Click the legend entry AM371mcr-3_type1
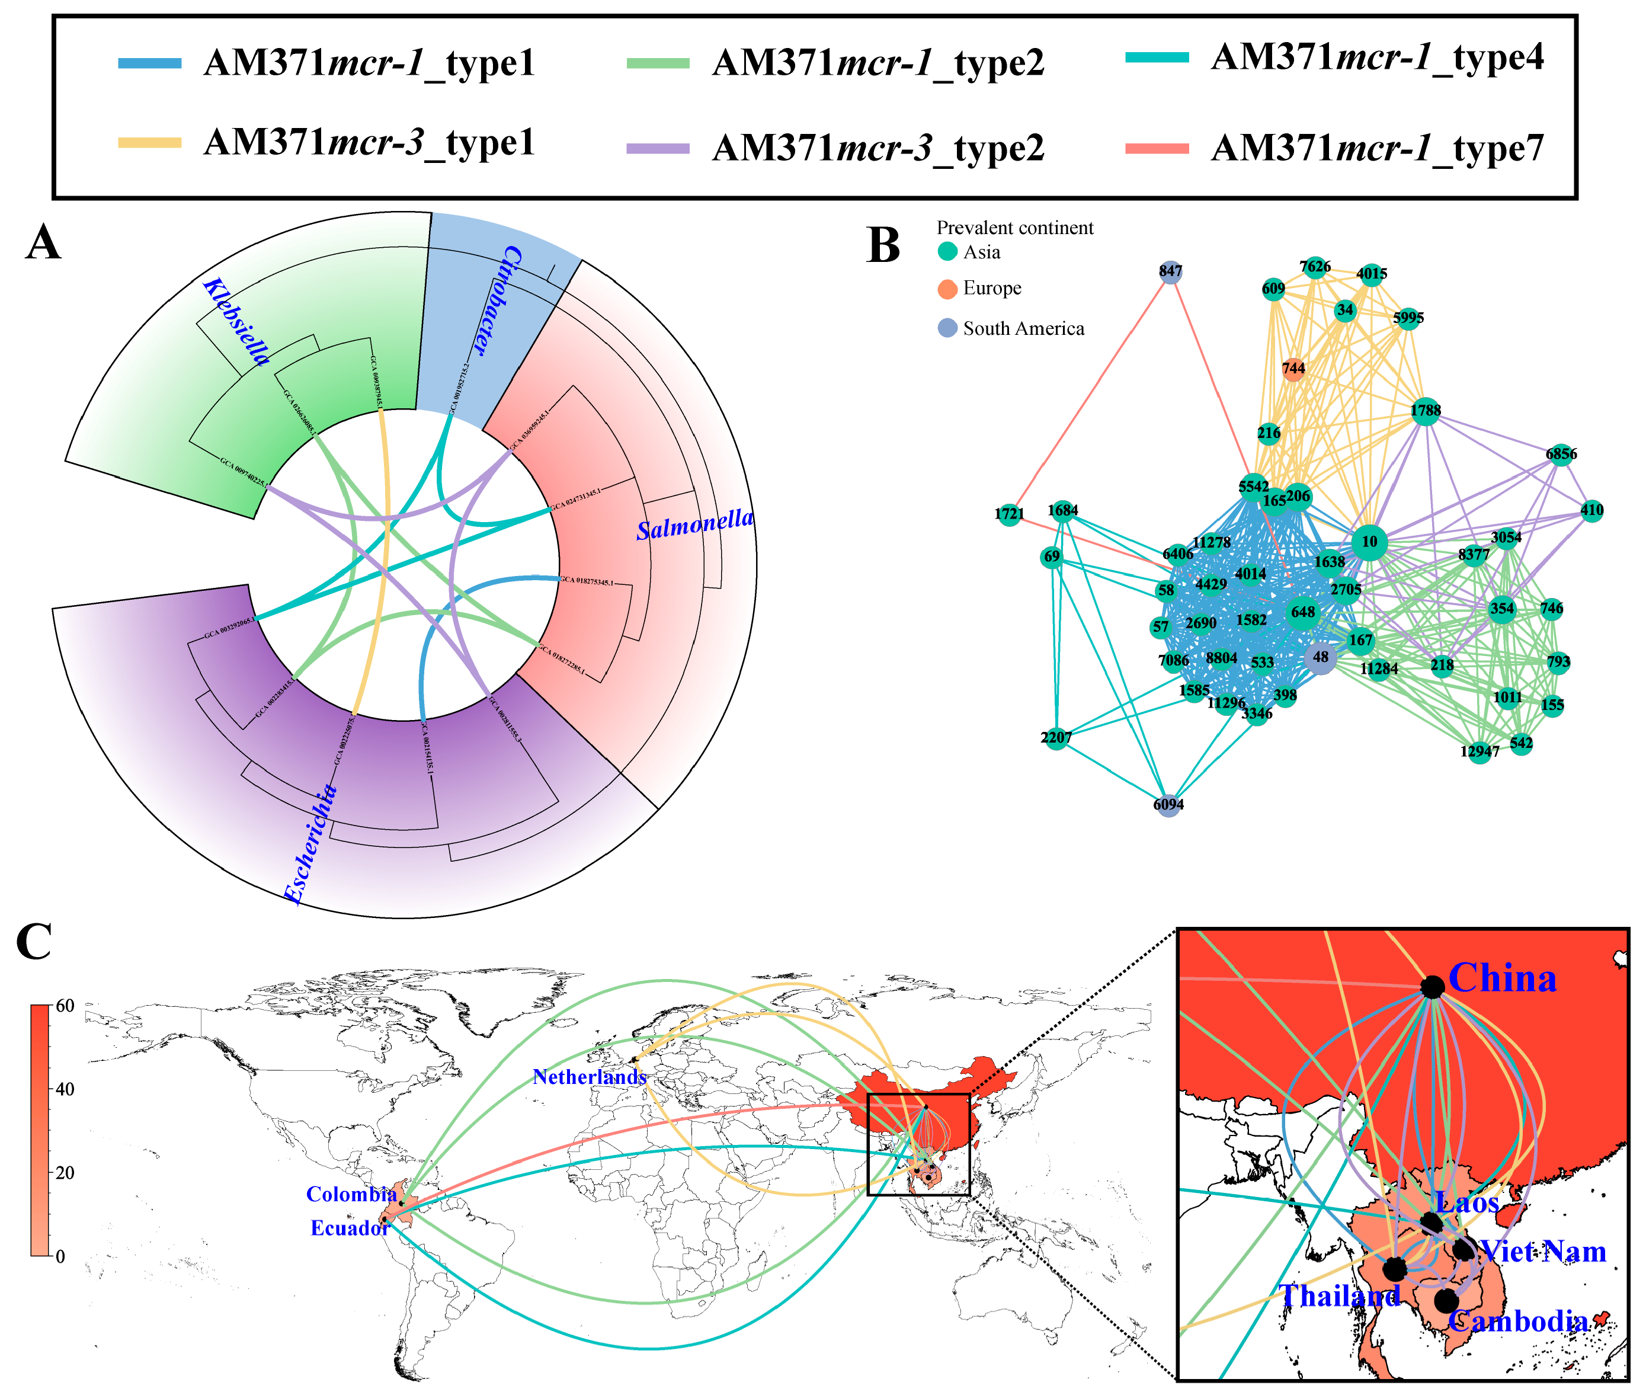pyautogui.click(x=369, y=143)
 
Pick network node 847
pyautogui.click(x=1170, y=272)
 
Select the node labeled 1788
pyautogui.click(x=1425, y=411)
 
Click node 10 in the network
pyautogui.click(x=1369, y=542)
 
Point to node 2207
pyautogui.click(x=1056, y=738)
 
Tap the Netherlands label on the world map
pyautogui.click(x=589, y=1077)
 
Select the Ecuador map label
pyautogui.click(x=350, y=1229)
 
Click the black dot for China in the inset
pyautogui.click(x=1432, y=987)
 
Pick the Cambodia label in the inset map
pyautogui.click(x=1517, y=1321)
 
